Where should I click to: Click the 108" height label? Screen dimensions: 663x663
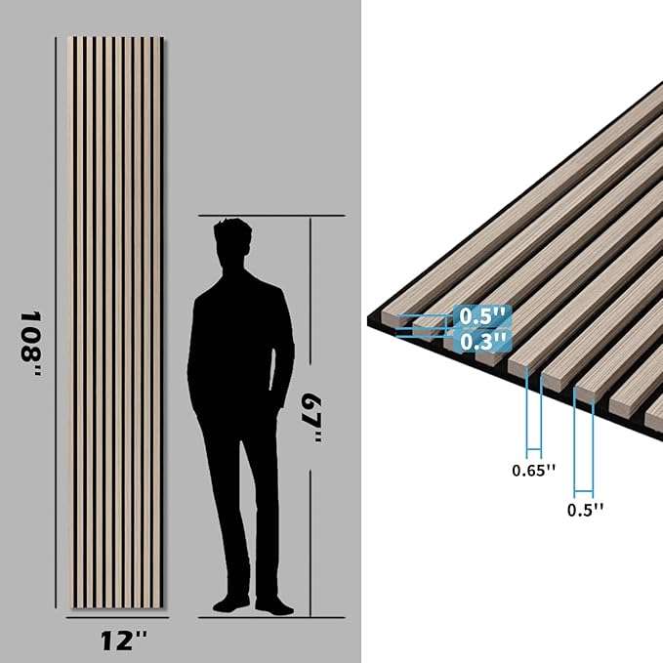32,337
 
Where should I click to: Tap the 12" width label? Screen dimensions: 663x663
124,641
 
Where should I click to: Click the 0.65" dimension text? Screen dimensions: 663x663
533,470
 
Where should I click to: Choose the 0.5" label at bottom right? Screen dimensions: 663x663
586,509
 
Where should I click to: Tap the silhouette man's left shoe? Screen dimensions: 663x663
229,603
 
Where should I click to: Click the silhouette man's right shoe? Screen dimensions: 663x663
274,605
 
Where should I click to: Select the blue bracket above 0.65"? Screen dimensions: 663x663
533,410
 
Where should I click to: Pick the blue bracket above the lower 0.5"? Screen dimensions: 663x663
584,439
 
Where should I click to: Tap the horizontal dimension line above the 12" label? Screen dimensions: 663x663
115,618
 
